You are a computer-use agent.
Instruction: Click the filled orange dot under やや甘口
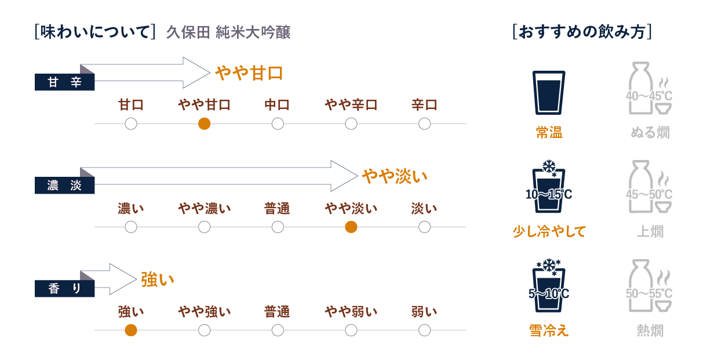(x=204, y=123)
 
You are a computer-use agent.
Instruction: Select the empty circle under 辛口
(x=424, y=123)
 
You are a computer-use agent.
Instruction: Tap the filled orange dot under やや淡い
(x=351, y=227)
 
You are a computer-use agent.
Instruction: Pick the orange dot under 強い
(x=131, y=330)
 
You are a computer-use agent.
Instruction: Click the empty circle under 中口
(x=278, y=123)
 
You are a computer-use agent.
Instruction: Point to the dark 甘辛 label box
(x=64, y=83)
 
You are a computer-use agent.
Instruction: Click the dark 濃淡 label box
(x=64, y=186)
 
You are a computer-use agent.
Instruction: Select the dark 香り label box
(x=64, y=289)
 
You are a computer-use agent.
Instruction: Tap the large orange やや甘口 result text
(x=249, y=73)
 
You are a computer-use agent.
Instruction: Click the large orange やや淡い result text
(x=395, y=176)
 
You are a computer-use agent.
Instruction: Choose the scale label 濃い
(x=131, y=209)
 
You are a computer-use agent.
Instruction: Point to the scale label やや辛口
(x=351, y=106)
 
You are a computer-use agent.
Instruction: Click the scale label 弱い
(x=424, y=312)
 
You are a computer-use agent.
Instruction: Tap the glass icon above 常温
(x=548, y=92)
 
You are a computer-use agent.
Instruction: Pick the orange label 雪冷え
(x=548, y=330)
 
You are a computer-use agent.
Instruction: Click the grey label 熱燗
(x=650, y=330)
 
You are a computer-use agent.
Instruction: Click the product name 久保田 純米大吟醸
(x=228, y=32)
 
